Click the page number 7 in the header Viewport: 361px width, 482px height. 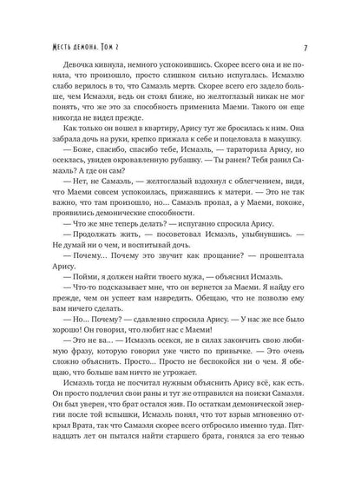tap(320, 23)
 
